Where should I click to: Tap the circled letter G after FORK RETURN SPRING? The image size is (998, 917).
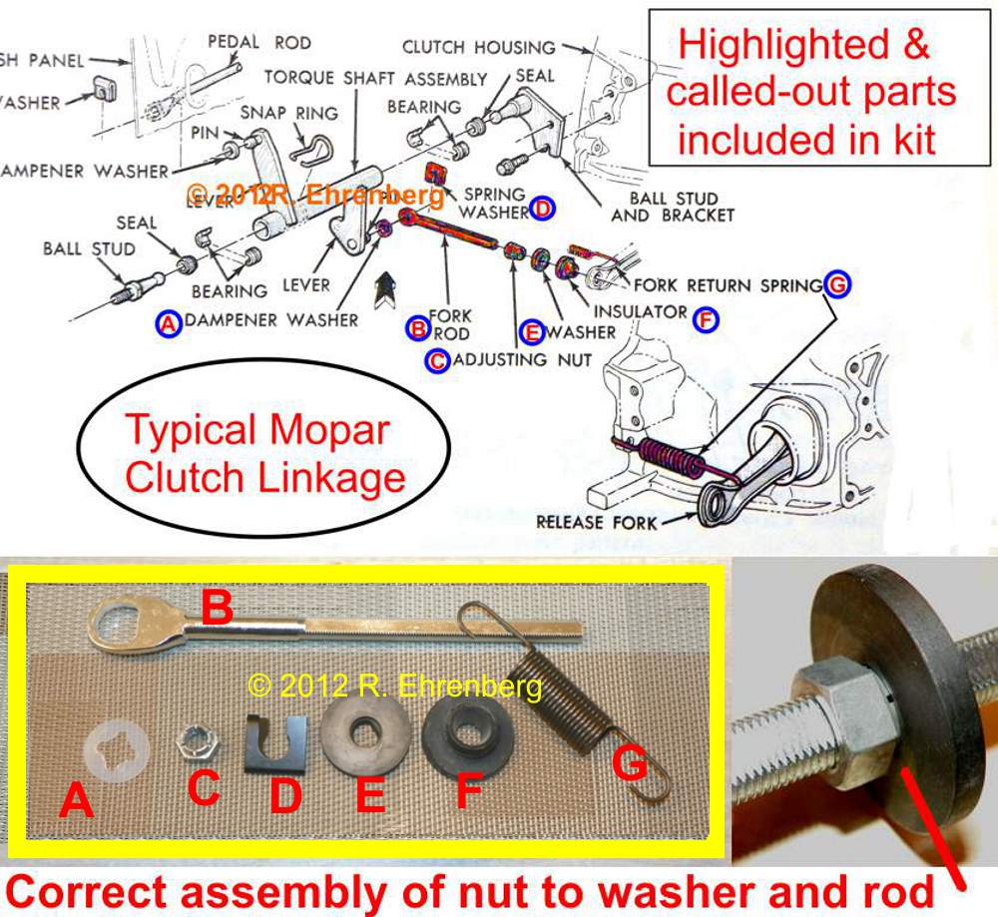tap(837, 285)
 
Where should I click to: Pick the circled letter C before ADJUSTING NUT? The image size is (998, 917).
tap(436, 359)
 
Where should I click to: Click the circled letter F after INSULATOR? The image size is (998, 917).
tap(706, 321)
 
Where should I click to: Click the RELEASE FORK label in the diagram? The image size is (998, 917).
tap(597, 521)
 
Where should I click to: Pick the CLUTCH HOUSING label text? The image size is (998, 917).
tap(478, 47)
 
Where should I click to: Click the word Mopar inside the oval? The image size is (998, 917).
tap(327, 432)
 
